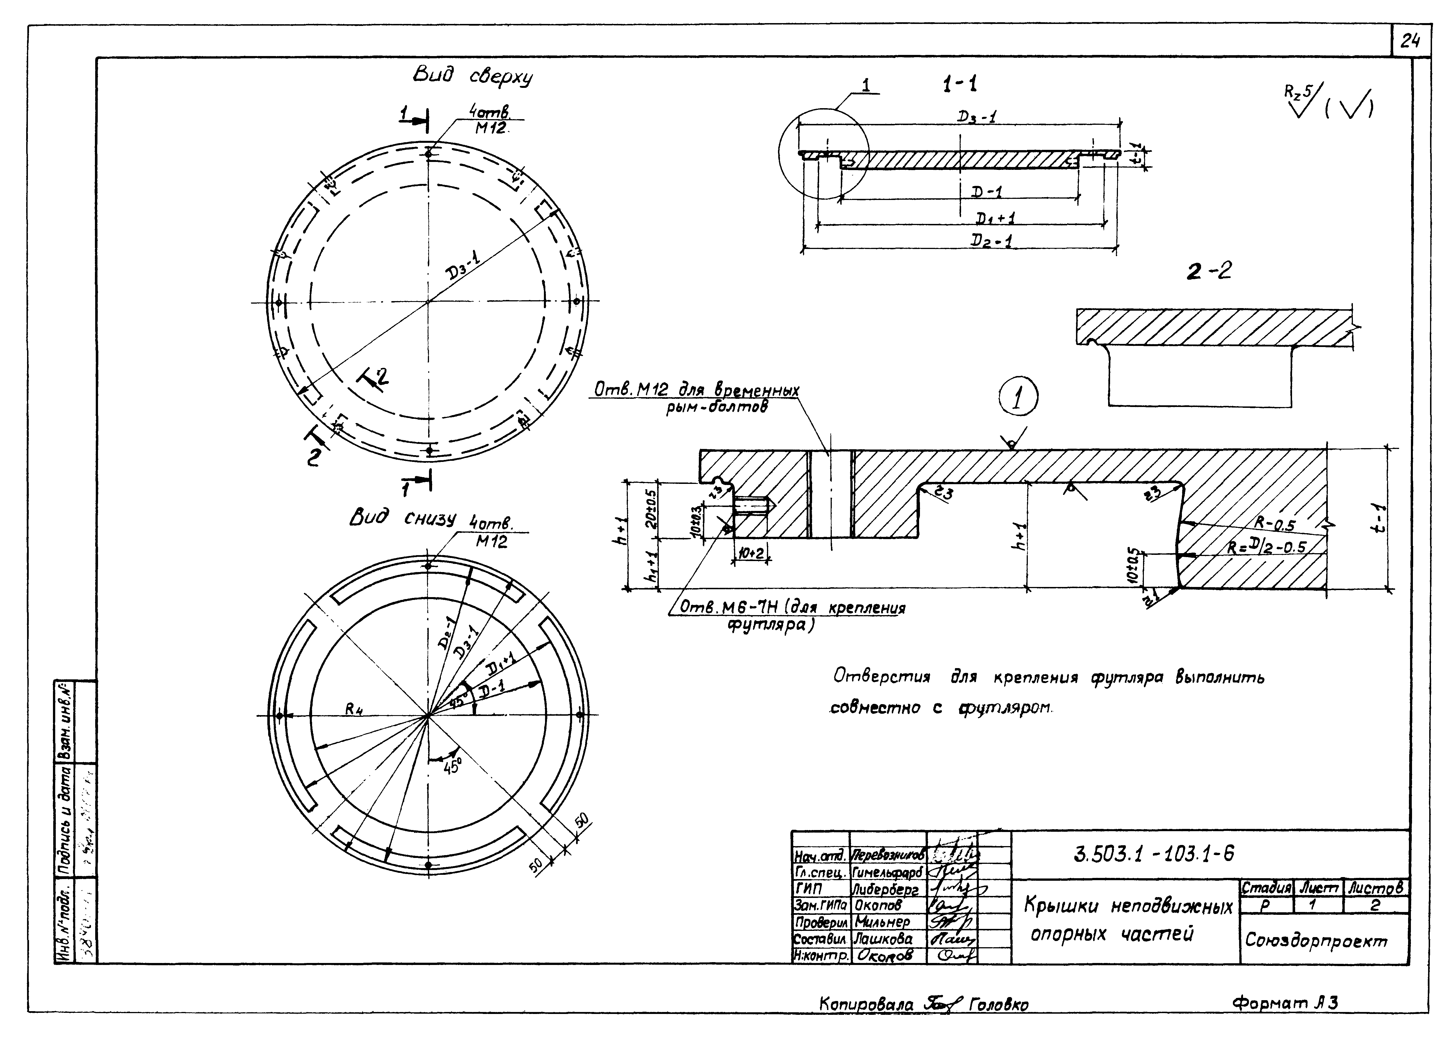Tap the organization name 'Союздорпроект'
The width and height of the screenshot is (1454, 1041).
(1315, 940)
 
